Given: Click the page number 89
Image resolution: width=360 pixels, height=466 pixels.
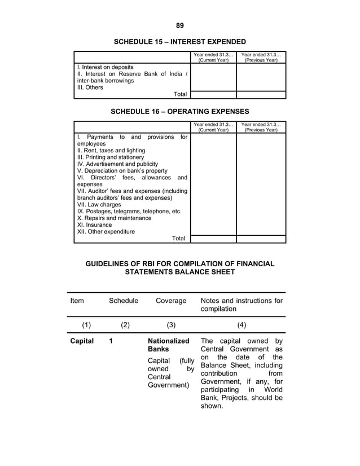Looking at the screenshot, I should pyautogui.click(x=180, y=25).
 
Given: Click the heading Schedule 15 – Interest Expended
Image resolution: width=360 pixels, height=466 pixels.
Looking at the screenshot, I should pyautogui.click(x=180, y=42).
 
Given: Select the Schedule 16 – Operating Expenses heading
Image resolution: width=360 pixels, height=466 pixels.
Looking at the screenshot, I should pyautogui.click(x=180, y=111).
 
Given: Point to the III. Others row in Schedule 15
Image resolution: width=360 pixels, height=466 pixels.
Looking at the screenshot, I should pyautogui.click(x=90, y=87).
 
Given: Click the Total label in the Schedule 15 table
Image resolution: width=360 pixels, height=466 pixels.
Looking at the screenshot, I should pyautogui.click(x=180, y=94).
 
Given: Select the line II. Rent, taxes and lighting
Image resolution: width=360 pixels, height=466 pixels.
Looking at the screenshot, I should pyautogui.click(x=111, y=151).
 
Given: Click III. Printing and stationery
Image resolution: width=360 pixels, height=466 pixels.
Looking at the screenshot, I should pyautogui.click(x=111, y=157).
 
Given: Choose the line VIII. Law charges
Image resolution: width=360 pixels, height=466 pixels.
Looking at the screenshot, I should pyautogui.click(x=99, y=205).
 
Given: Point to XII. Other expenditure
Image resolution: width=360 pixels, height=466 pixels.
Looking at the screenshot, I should pyautogui.click(x=106, y=231).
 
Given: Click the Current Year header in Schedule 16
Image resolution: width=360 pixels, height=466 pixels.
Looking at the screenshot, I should pyautogui.click(x=213, y=127).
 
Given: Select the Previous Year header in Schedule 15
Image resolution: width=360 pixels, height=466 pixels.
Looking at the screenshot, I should pyautogui.click(x=261, y=57).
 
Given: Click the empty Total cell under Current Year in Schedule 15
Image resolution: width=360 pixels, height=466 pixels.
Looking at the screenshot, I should pyautogui.click(x=213, y=94).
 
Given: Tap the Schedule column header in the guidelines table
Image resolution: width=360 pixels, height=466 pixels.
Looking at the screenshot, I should pyautogui.click(x=124, y=301).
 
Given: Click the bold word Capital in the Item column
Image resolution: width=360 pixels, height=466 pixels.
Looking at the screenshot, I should pyautogui.click(x=82, y=341).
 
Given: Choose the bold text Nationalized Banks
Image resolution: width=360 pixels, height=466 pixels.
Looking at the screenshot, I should pyautogui.click(x=168, y=345).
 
